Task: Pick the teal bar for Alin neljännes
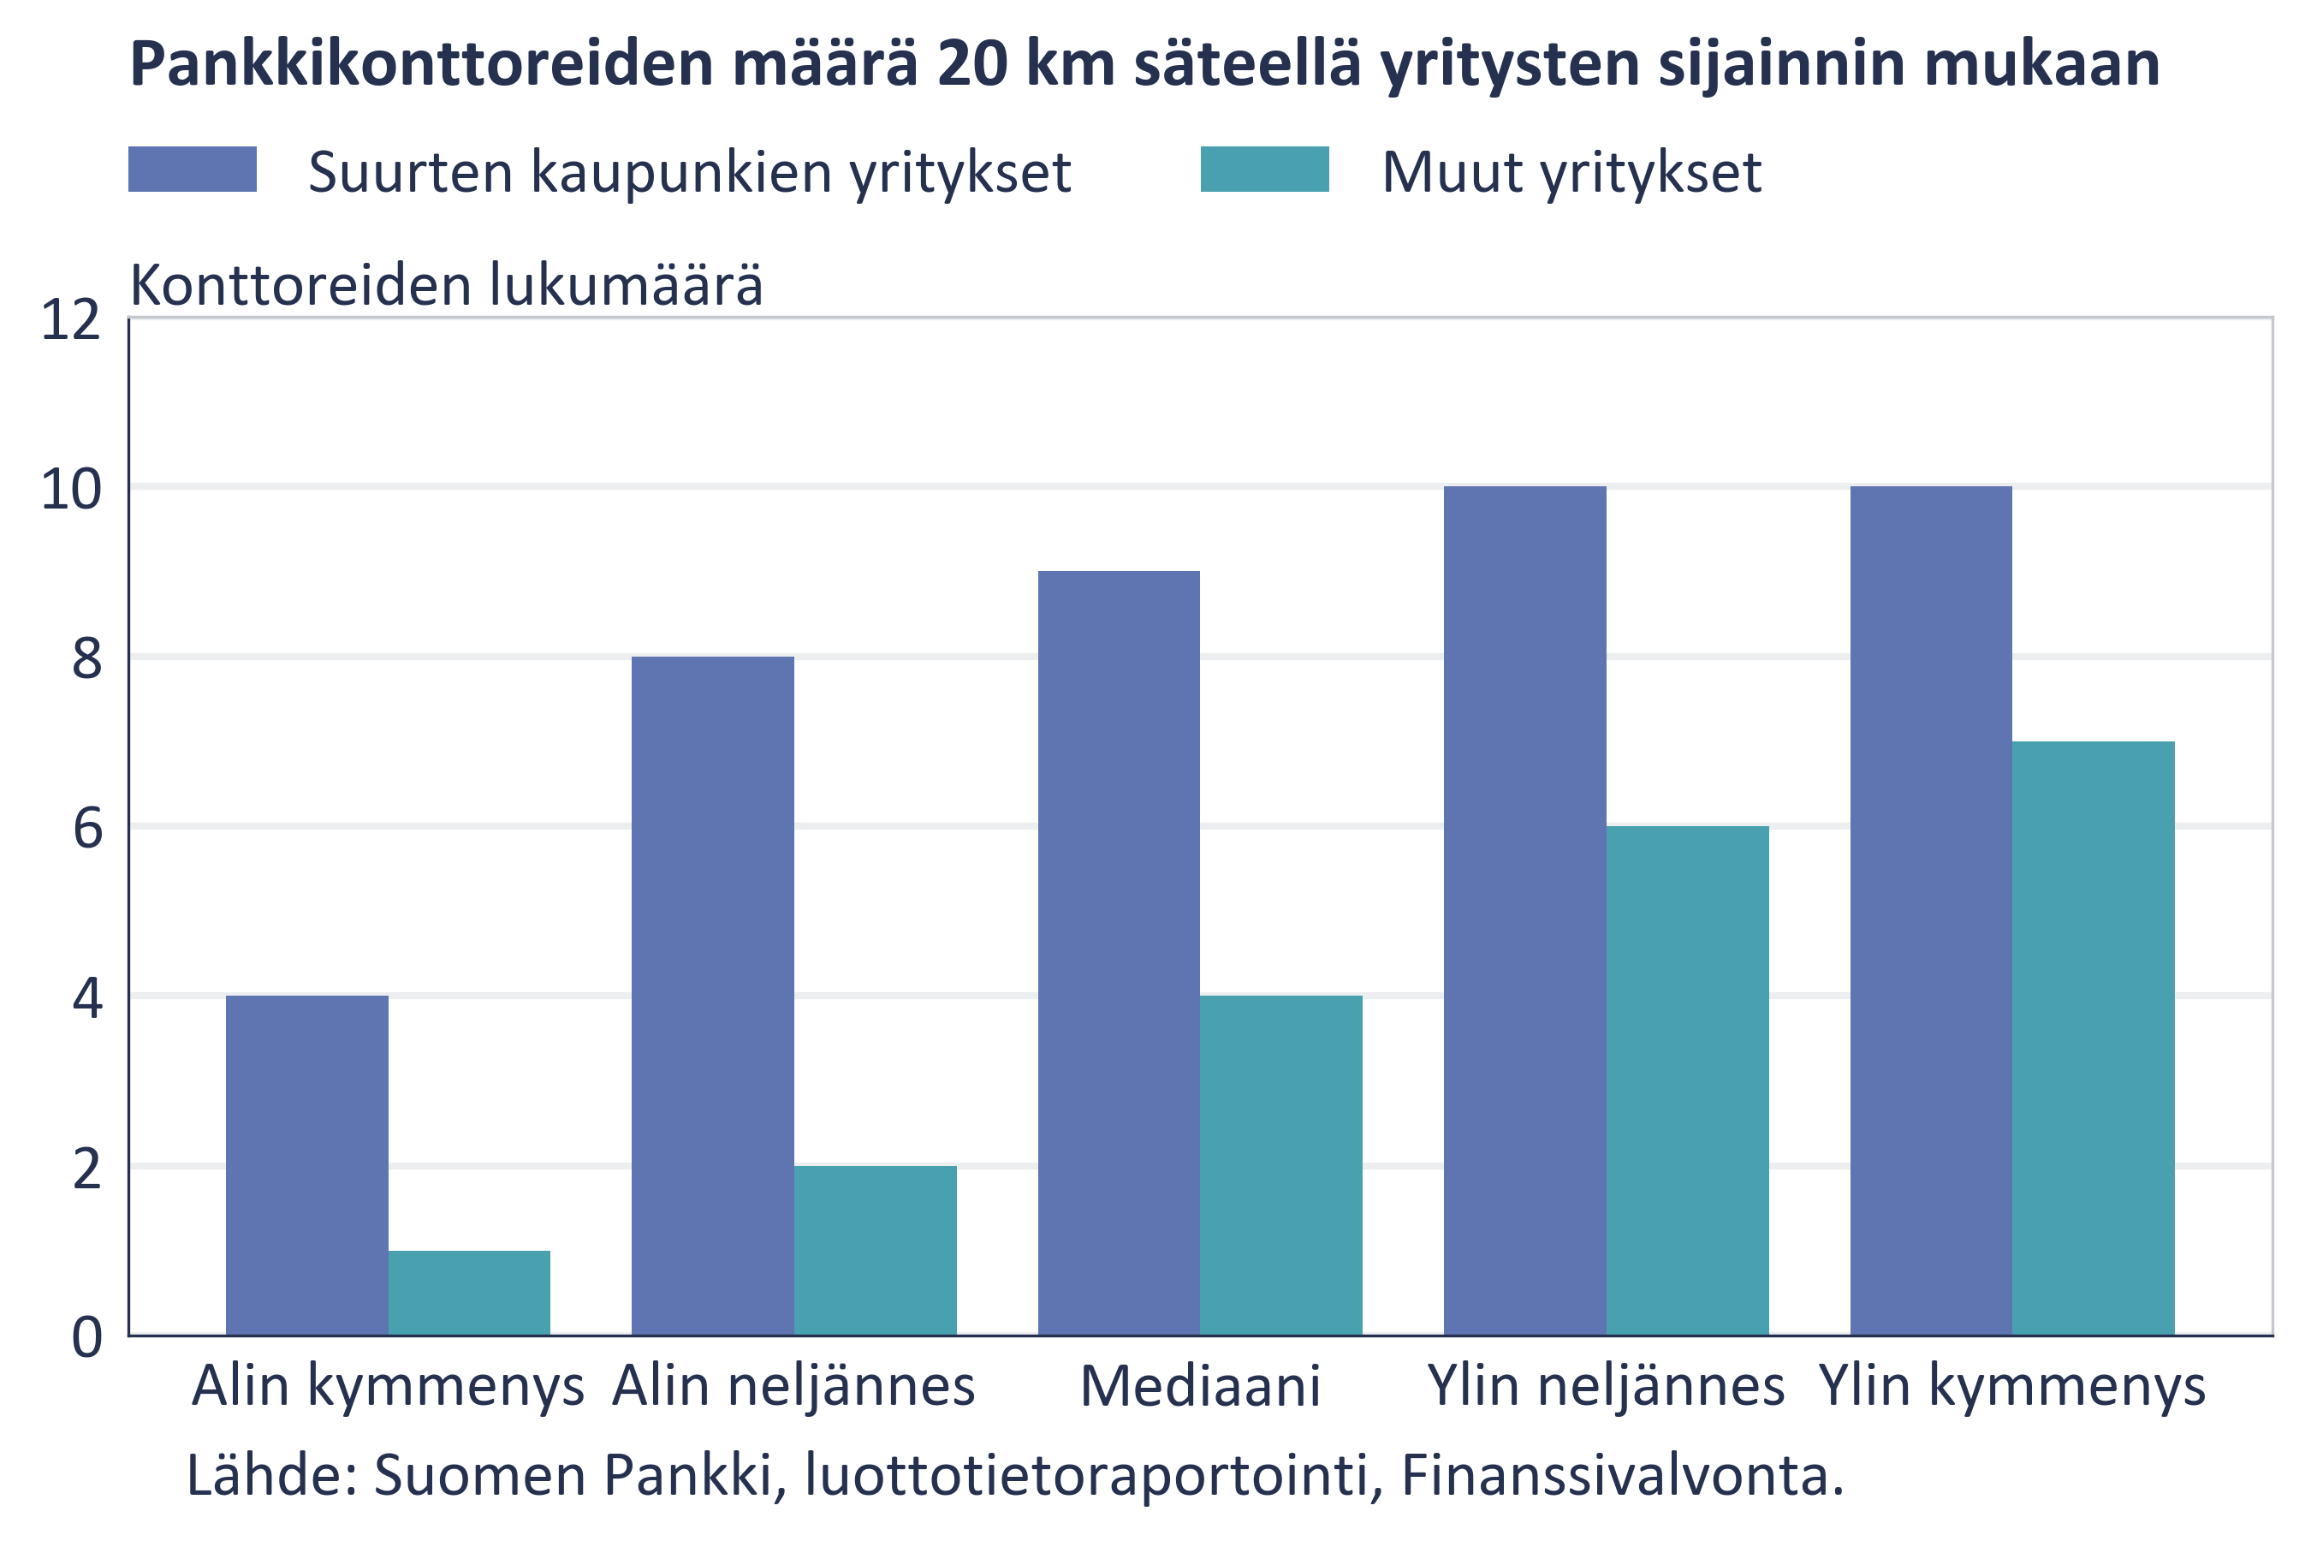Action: tap(875, 1250)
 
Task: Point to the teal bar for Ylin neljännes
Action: tap(1687, 1080)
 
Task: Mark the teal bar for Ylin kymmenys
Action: tap(2093, 1038)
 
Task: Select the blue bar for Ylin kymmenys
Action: tap(1931, 910)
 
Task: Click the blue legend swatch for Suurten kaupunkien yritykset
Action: tap(193, 169)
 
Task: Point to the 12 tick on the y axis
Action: tap(71, 319)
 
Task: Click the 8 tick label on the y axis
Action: tap(86, 658)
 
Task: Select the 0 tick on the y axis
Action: tap(86, 1337)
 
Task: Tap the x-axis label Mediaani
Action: tap(1200, 1387)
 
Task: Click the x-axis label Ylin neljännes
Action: tap(1606, 1387)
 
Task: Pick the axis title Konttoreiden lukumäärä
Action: tap(446, 285)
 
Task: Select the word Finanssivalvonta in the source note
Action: tap(1622, 1475)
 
